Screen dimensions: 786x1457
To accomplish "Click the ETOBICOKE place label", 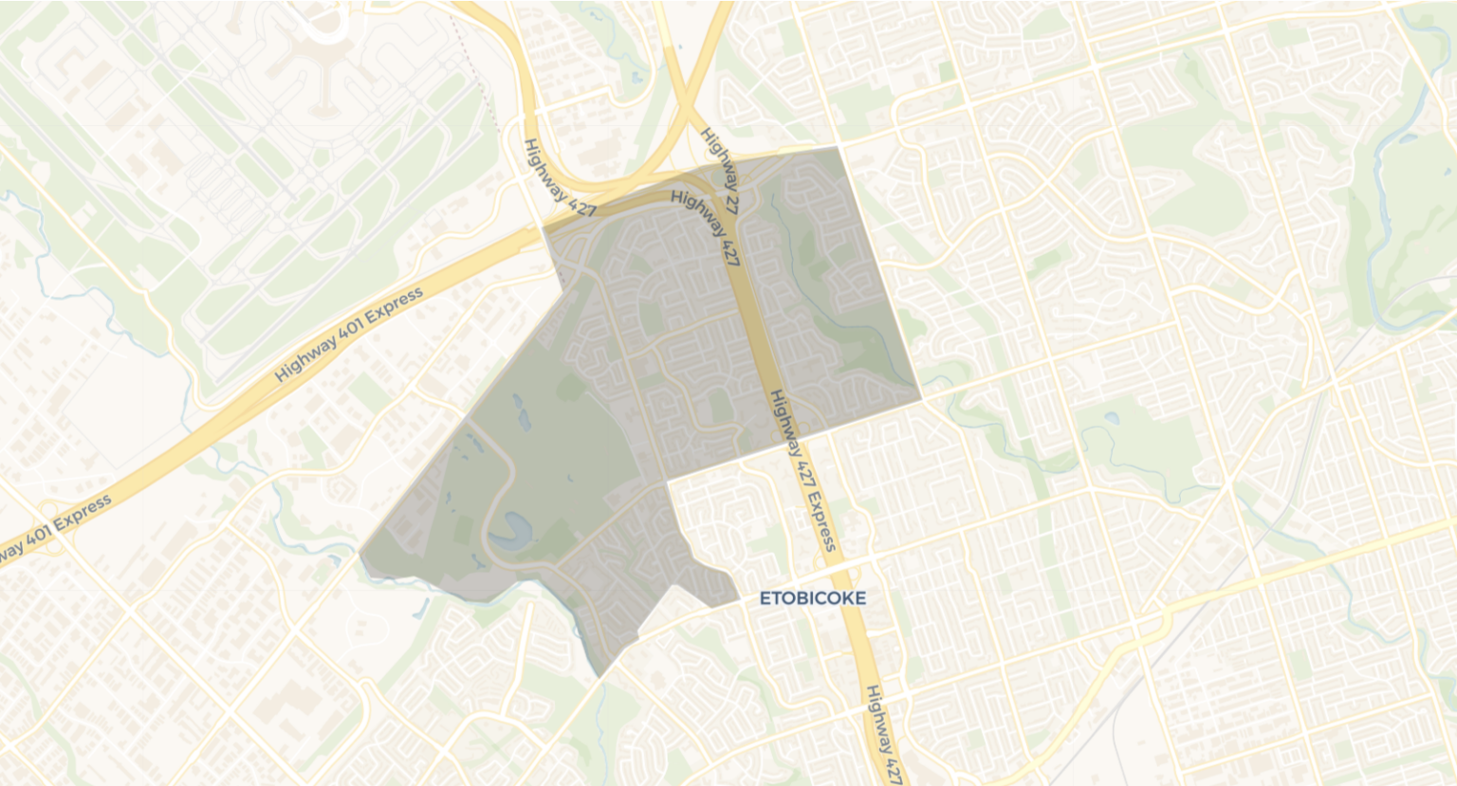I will tap(813, 598).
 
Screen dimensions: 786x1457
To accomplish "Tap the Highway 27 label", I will tap(719, 163).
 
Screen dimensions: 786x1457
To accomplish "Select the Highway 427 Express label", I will tap(802, 469).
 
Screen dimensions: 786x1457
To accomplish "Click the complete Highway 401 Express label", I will tap(349, 335).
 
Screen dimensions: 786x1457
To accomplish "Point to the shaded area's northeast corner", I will tap(839, 148).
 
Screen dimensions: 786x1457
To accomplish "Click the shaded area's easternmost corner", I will tap(921, 398).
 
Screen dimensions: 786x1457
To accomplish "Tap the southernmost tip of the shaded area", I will tap(599, 677).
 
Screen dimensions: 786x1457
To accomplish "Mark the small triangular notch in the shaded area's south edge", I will tap(674, 590).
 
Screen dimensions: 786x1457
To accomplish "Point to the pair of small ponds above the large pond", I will tap(521, 409).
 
